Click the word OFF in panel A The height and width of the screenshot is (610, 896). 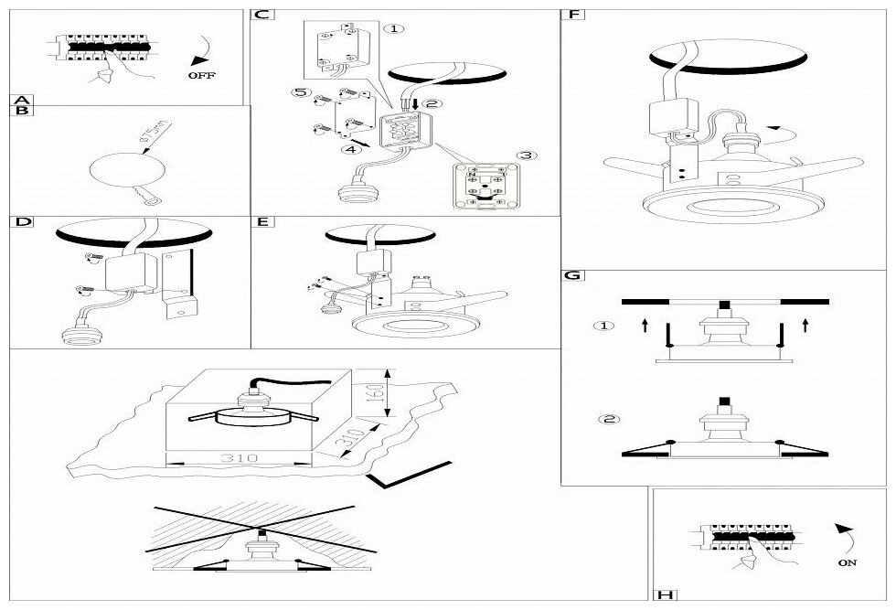pos(201,76)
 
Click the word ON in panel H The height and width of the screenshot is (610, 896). pos(847,563)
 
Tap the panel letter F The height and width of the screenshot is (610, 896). pos(574,15)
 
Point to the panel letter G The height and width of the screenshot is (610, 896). pos(572,275)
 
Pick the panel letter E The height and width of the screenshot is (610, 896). pos(263,222)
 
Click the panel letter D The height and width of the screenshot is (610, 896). pos(24,222)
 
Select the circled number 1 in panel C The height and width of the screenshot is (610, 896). pos(393,28)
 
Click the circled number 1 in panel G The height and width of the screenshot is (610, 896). pos(604,325)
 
